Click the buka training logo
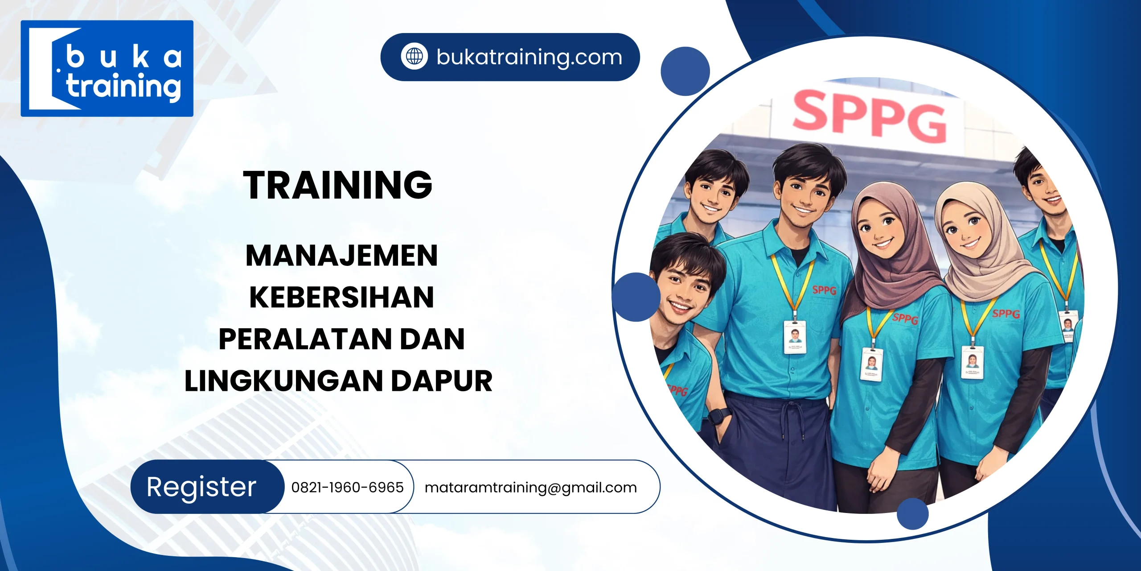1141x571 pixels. tap(107, 68)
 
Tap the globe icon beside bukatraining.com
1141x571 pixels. tap(414, 57)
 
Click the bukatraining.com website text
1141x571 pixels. tap(529, 57)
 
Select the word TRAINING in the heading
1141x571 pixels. tap(337, 185)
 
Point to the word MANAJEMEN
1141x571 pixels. tap(341, 256)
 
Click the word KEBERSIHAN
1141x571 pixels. tap(341, 297)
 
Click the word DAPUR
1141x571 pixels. tap(442, 381)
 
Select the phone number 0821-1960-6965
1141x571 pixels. tap(347, 487)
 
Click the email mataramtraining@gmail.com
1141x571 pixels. tap(530, 487)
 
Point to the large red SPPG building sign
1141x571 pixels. tap(869, 116)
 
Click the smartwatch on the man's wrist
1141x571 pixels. tap(716, 416)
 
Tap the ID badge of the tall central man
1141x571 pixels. tap(795, 337)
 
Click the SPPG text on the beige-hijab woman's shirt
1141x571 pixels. tap(1006, 314)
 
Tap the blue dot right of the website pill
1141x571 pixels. tap(685, 71)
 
